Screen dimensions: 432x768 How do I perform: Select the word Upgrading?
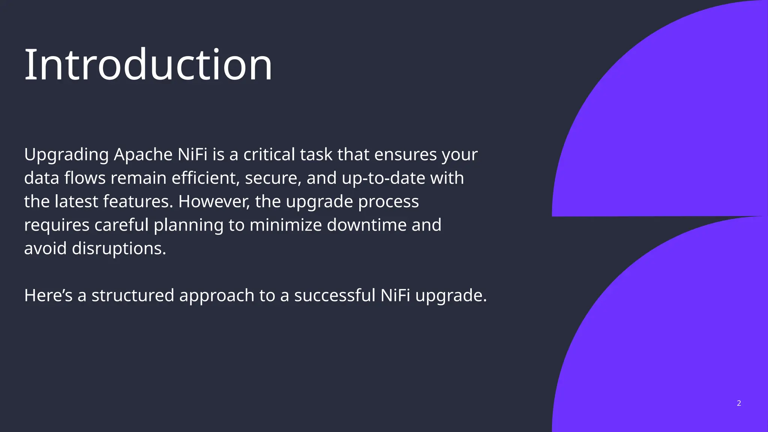66,154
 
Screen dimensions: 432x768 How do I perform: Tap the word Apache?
143,154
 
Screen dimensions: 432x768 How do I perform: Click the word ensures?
405,154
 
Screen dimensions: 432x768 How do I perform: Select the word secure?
273,178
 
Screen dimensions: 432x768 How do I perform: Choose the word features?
138,201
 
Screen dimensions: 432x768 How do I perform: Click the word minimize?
285,225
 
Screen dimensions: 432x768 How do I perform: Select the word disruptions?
118,248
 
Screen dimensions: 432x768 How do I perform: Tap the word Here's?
48,295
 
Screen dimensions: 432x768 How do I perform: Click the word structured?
133,295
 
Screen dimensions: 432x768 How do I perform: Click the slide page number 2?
739,403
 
